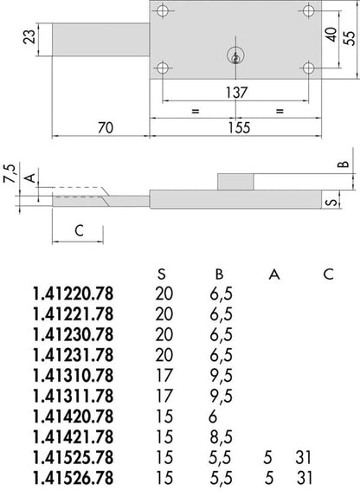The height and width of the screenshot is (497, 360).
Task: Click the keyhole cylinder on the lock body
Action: pos(235,55)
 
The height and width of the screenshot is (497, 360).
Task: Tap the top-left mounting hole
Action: pos(163,10)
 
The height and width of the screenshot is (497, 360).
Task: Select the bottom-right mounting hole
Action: pos(308,68)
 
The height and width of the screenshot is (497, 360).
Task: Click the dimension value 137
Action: pos(236,93)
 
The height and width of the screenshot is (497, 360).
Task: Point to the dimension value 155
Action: pos(239,127)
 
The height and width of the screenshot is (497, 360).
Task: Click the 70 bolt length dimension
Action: pos(106,128)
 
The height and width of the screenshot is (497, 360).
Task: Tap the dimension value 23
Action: pos(29,37)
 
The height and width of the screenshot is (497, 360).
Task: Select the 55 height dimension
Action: pos(350,38)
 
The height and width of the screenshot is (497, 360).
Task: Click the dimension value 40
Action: pos(331,35)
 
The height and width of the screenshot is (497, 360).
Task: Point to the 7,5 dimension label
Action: pos(10,173)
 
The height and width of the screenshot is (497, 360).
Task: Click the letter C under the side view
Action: pos(79,230)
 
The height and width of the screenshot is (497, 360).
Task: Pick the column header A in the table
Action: pos(274,274)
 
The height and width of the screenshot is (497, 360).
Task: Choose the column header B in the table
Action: pos(219,274)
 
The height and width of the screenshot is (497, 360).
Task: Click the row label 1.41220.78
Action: pos(74,294)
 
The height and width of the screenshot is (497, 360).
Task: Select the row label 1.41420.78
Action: pos(74,416)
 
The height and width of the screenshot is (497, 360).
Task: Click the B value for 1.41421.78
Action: pos(221,437)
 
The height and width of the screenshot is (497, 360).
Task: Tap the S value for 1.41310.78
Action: pos(164,376)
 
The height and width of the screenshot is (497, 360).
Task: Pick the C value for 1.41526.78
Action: pos(305,478)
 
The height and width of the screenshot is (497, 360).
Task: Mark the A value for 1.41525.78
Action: pos(267,458)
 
